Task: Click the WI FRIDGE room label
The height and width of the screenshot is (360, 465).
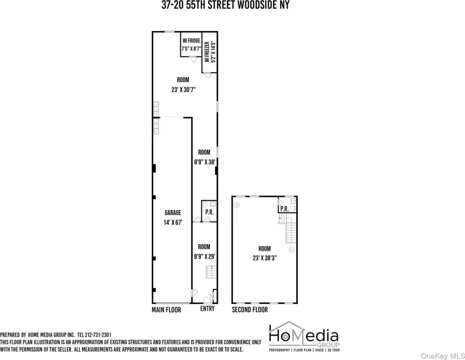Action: [x=191, y=41]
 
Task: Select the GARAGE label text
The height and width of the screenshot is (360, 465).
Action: [x=173, y=213]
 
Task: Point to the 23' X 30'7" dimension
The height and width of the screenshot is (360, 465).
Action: [x=184, y=90]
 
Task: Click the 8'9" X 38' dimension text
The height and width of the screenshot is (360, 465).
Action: [x=205, y=162]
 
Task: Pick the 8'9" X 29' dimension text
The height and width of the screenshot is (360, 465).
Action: [x=205, y=256]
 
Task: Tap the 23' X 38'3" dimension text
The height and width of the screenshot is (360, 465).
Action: [x=265, y=258]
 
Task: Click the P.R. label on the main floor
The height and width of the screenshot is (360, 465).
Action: [x=210, y=212]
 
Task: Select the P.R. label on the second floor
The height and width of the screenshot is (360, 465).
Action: [x=285, y=209]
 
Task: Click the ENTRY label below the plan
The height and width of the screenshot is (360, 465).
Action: [x=207, y=309]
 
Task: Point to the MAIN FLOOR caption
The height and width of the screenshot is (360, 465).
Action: [x=166, y=310]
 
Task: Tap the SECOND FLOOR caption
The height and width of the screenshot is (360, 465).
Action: [x=250, y=310]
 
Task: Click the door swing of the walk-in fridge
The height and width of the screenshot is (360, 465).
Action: [x=193, y=60]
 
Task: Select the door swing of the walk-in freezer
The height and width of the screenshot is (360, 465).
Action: [x=207, y=75]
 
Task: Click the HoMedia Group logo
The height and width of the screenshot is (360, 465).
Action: [x=304, y=337]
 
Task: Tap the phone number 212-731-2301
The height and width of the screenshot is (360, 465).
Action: [x=98, y=335]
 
